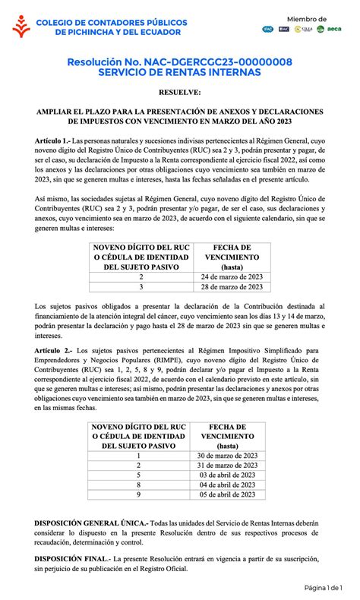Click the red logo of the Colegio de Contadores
pyautogui.click(x=21, y=28)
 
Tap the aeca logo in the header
pyautogui.click(x=336, y=29)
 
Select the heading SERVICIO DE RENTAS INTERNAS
pyautogui.click(x=180, y=72)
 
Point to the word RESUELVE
pyautogui.click(x=180, y=93)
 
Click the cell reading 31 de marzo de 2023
pyautogui.click(x=226, y=465)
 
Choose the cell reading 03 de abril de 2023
pyautogui.click(x=226, y=475)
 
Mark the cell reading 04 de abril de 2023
pyautogui.click(x=226, y=485)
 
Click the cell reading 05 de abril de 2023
pyautogui.click(x=226, y=494)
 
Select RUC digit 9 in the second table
pyautogui.click(x=138, y=494)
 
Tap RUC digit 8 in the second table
pyautogui.click(x=138, y=485)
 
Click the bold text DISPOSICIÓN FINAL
pyautogui.click(x=72, y=558)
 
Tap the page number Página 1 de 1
pyautogui.click(x=324, y=587)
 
